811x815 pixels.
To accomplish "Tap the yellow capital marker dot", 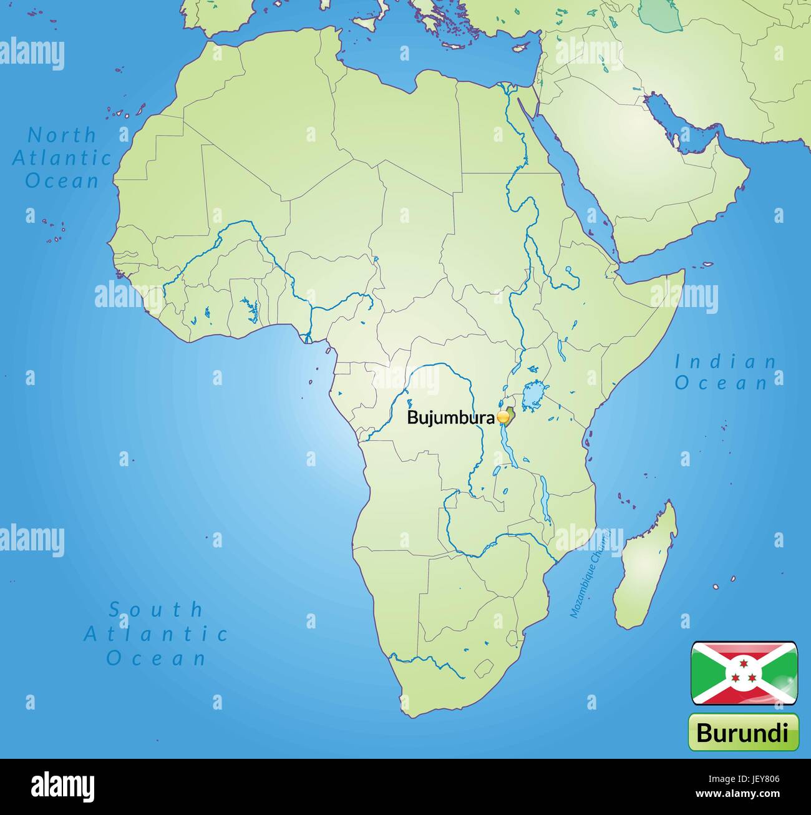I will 503,417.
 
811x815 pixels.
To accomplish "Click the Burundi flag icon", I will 744,673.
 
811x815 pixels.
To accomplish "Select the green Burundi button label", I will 743,732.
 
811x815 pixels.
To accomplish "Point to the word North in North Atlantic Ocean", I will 62,135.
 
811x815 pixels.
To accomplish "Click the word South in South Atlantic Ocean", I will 156,609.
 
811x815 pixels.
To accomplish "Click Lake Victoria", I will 532,394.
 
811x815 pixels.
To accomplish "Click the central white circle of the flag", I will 744,673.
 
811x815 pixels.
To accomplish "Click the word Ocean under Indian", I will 722,383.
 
